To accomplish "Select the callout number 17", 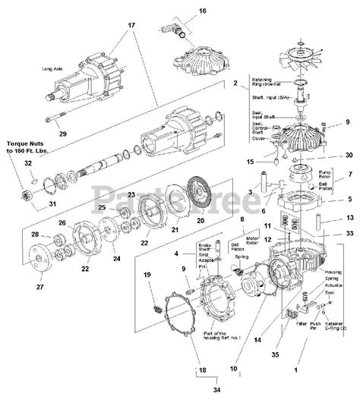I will [x=131, y=25].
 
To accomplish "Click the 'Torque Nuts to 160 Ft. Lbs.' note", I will [x=29, y=146].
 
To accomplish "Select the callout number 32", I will [x=28, y=163].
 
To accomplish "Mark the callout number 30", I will [x=349, y=155].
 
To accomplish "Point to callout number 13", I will [x=349, y=217].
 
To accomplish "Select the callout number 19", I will [x=148, y=275].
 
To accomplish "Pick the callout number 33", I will [x=349, y=234].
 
